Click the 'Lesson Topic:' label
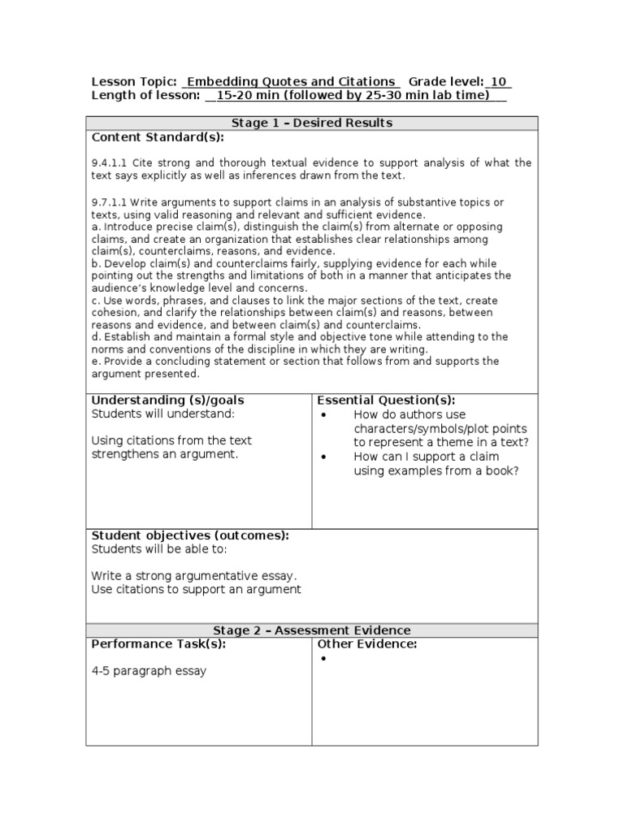point(134,82)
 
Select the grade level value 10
point(499,82)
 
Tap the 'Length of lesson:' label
point(145,96)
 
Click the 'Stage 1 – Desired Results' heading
point(312,123)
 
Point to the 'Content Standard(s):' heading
point(157,137)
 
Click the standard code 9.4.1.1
point(109,162)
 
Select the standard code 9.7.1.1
point(109,201)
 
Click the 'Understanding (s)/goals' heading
point(167,400)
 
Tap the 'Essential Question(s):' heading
point(386,400)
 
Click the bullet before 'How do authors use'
point(323,414)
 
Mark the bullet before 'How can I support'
point(323,457)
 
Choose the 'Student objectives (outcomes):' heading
point(190,535)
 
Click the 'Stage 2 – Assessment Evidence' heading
point(312,630)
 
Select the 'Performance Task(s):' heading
point(158,644)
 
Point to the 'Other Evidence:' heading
point(367,644)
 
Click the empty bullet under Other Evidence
point(323,659)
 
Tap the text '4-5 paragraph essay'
point(149,671)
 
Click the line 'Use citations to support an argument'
point(196,589)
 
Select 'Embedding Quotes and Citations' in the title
point(292,82)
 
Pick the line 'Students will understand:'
point(162,414)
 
